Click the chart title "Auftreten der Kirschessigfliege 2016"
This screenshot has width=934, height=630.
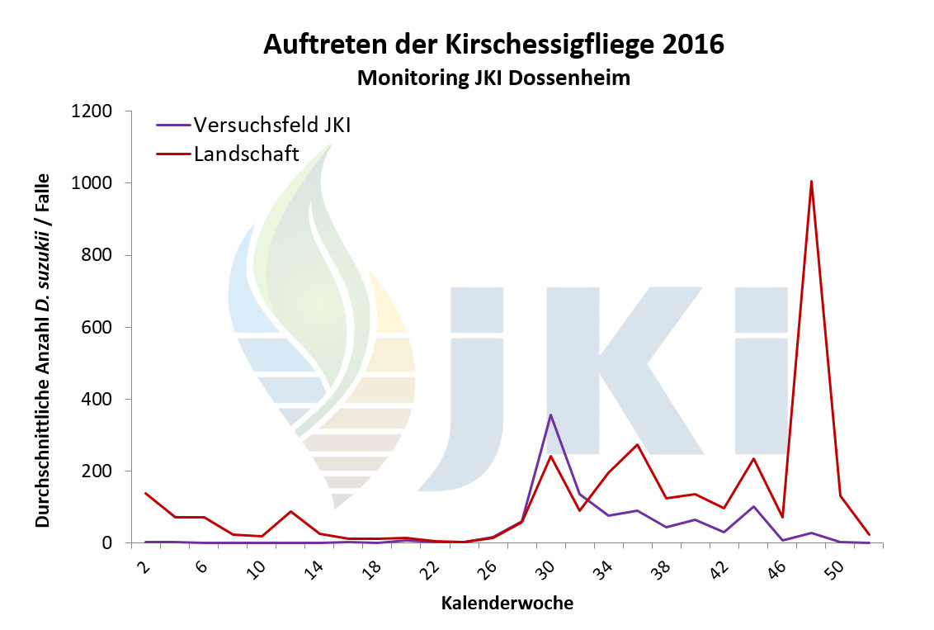pyautogui.click(x=493, y=45)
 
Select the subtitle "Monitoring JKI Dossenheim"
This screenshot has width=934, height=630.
pyautogui.click(x=493, y=78)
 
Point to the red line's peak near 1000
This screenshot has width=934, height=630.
pyautogui.click(x=812, y=182)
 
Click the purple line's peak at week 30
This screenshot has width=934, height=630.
pyautogui.click(x=550, y=414)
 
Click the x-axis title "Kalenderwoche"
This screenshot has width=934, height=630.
pyautogui.click(x=507, y=604)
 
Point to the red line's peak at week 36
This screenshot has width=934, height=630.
pyautogui.click(x=637, y=445)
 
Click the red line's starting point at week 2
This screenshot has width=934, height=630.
pyautogui.click(x=146, y=494)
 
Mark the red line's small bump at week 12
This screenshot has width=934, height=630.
pyautogui.click(x=291, y=511)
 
